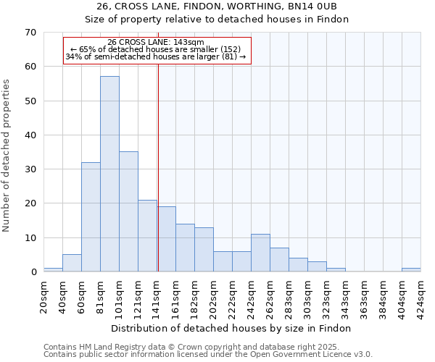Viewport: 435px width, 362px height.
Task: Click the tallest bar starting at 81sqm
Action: coord(109,174)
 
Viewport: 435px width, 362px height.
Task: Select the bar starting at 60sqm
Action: coord(91,217)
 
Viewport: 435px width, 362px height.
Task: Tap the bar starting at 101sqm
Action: coord(128,211)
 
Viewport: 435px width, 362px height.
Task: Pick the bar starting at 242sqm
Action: coord(260,253)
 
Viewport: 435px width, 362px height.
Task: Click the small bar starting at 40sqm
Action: coord(72,264)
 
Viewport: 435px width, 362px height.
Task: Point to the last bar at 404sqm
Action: coord(411,269)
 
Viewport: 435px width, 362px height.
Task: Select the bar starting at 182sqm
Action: coord(204,250)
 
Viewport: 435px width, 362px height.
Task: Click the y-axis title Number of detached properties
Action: coord(7,156)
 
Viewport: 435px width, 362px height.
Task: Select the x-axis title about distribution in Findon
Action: coord(232,328)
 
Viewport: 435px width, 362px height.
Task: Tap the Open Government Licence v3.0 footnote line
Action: coord(208,354)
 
